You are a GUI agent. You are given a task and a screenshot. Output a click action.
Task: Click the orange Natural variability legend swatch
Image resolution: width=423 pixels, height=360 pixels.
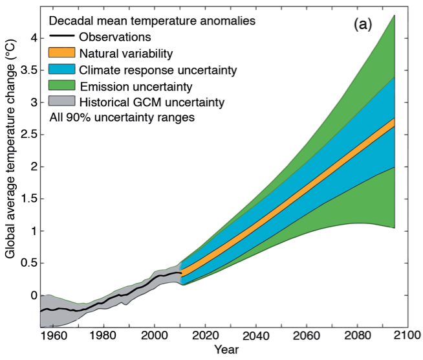tap(61, 52)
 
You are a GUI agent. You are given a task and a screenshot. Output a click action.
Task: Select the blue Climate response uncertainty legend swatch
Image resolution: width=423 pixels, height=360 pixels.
tap(61, 69)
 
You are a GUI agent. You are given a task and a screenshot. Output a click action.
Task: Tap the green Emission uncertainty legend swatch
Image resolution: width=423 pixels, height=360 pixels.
tap(61, 85)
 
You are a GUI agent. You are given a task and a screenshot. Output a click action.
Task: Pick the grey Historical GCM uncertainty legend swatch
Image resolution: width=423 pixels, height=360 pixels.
tap(61, 101)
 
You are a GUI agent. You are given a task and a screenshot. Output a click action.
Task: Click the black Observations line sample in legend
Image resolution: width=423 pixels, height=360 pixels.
tap(61, 37)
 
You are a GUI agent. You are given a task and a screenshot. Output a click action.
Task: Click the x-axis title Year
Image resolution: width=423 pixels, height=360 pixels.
tap(226, 350)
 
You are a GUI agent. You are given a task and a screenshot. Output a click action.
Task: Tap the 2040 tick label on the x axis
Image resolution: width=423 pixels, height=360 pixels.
tap(256, 336)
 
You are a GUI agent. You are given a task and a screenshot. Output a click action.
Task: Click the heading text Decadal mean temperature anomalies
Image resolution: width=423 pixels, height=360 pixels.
tap(152, 21)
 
